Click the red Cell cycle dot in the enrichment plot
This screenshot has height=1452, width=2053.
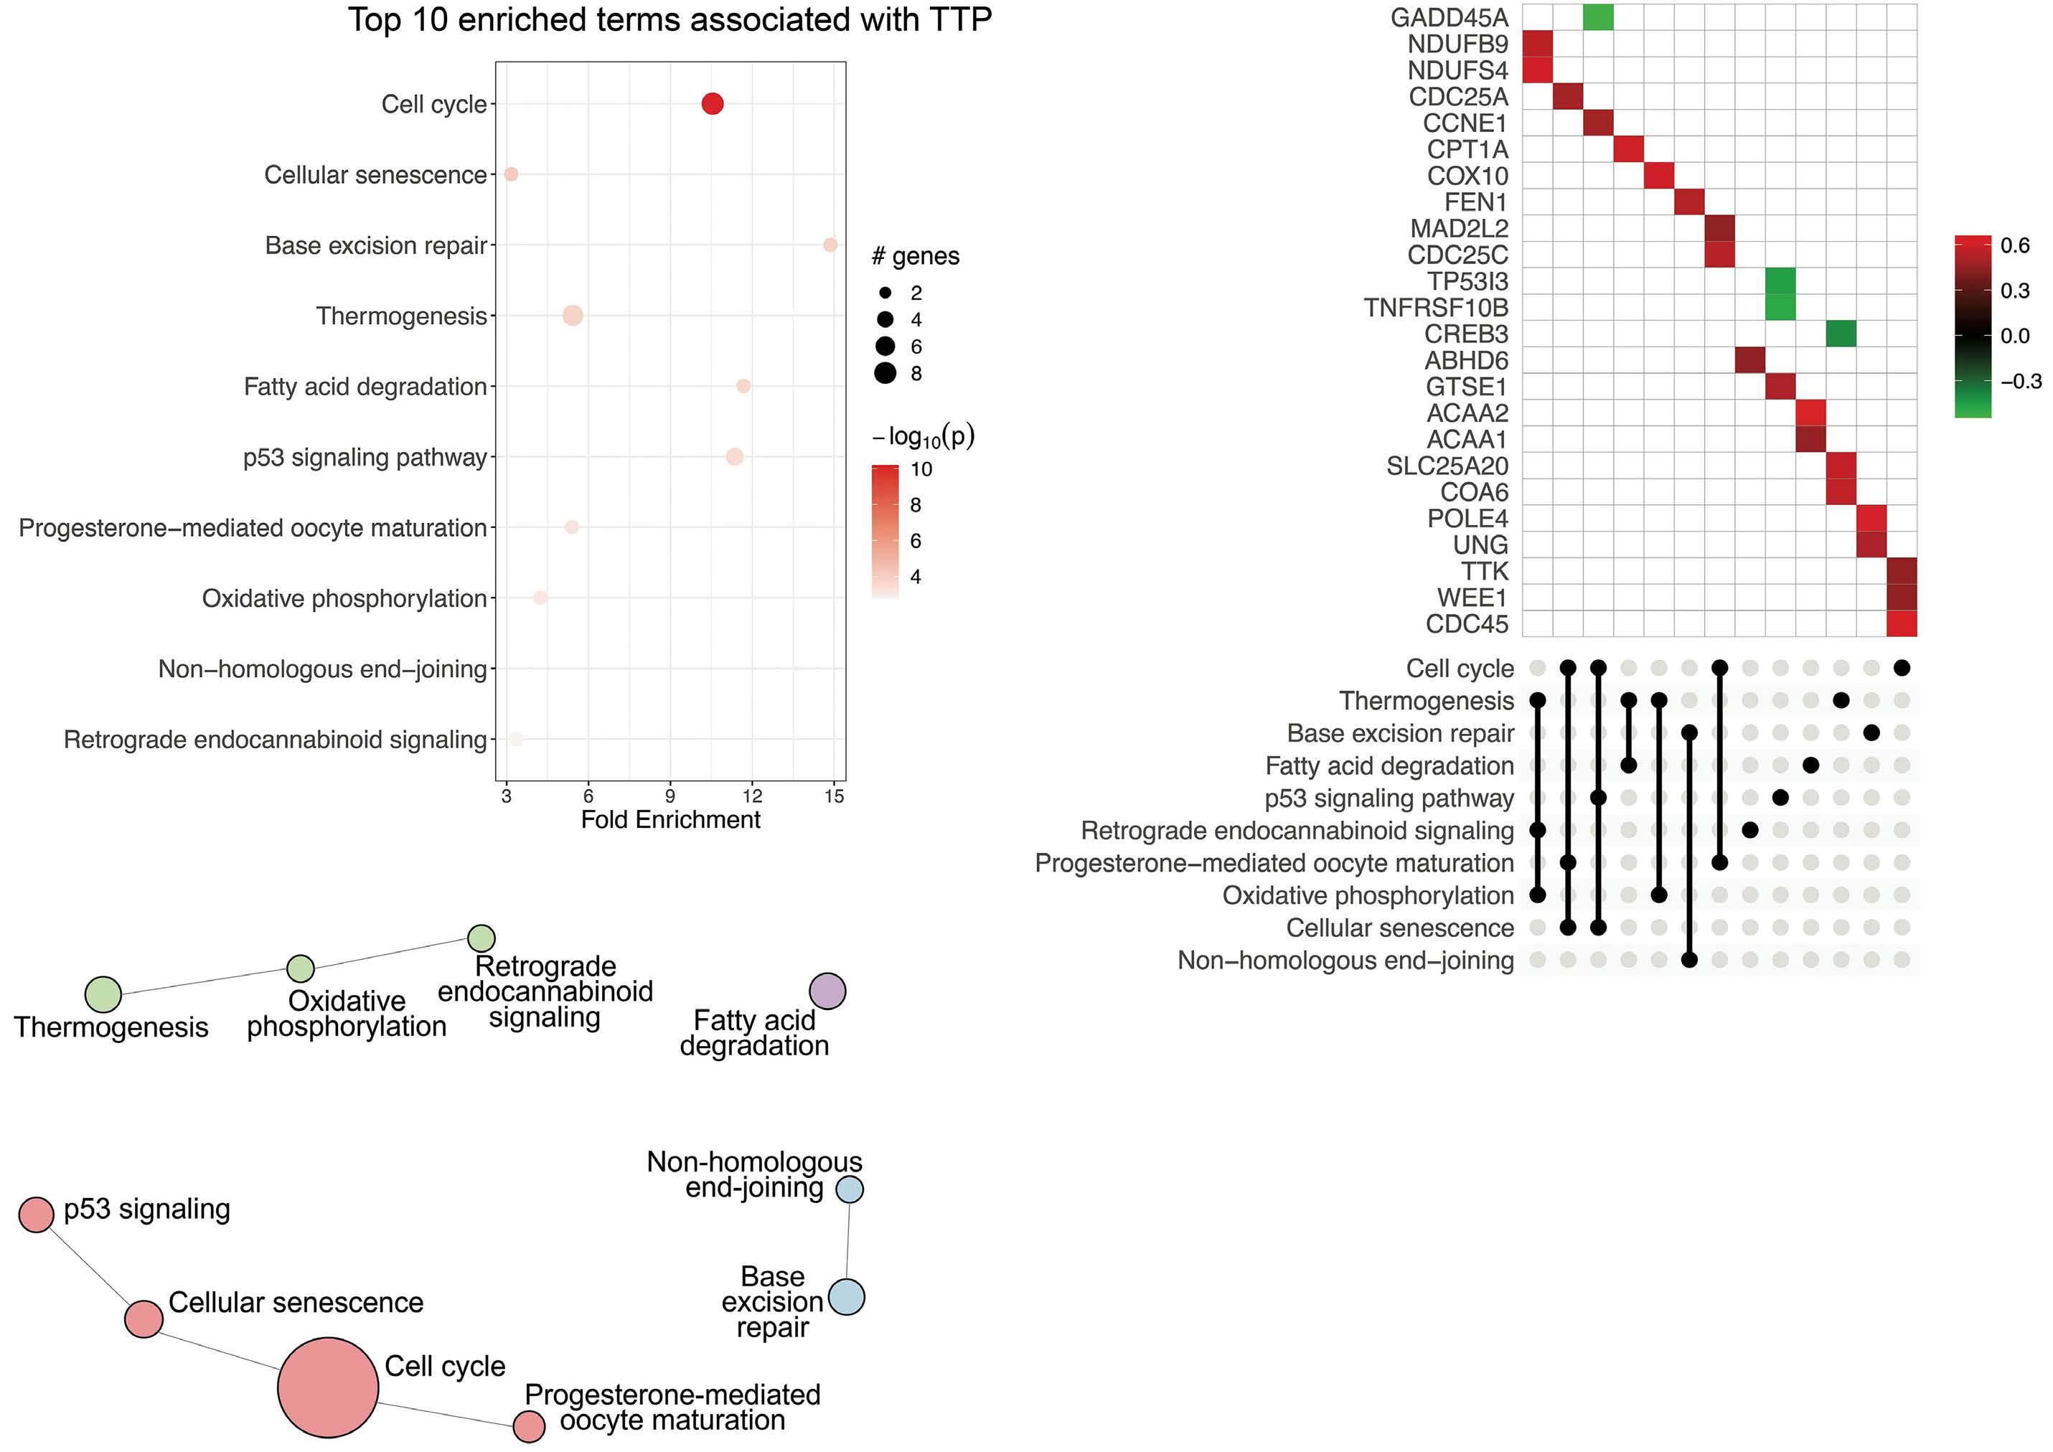(x=712, y=104)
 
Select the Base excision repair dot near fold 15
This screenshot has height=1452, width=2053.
(x=830, y=245)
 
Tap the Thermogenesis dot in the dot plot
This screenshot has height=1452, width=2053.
(x=573, y=316)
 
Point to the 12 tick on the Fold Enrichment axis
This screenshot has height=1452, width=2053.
(x=752, y=796)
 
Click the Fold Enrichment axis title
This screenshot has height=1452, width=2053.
(x=671, y=820)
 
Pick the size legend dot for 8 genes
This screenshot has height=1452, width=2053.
(x=885, y=374)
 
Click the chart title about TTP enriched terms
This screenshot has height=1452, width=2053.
(x=670, y=19)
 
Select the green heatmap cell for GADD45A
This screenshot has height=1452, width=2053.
(x=1598, y=17)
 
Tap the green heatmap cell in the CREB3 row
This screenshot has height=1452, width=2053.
(x=1840, y=334)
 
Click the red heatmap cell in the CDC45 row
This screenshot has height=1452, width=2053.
(x=1901, y=623)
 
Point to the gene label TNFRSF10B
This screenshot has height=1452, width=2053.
(x=1436, y=308)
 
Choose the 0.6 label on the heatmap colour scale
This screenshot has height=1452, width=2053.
(x=2014, y=245)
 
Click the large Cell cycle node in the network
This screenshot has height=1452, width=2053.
(x=328, y=1387)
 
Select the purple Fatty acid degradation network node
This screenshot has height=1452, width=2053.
(x=827, y=991)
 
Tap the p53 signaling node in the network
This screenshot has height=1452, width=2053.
(x=36, y=1214)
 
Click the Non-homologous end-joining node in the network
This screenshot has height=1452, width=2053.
(x=849, y=1189)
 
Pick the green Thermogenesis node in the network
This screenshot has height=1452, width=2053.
(x=103, y=994)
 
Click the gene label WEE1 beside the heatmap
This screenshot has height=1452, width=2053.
(x=1472, y=598)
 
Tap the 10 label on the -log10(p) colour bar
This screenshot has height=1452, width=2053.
(x=921, y=469)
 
